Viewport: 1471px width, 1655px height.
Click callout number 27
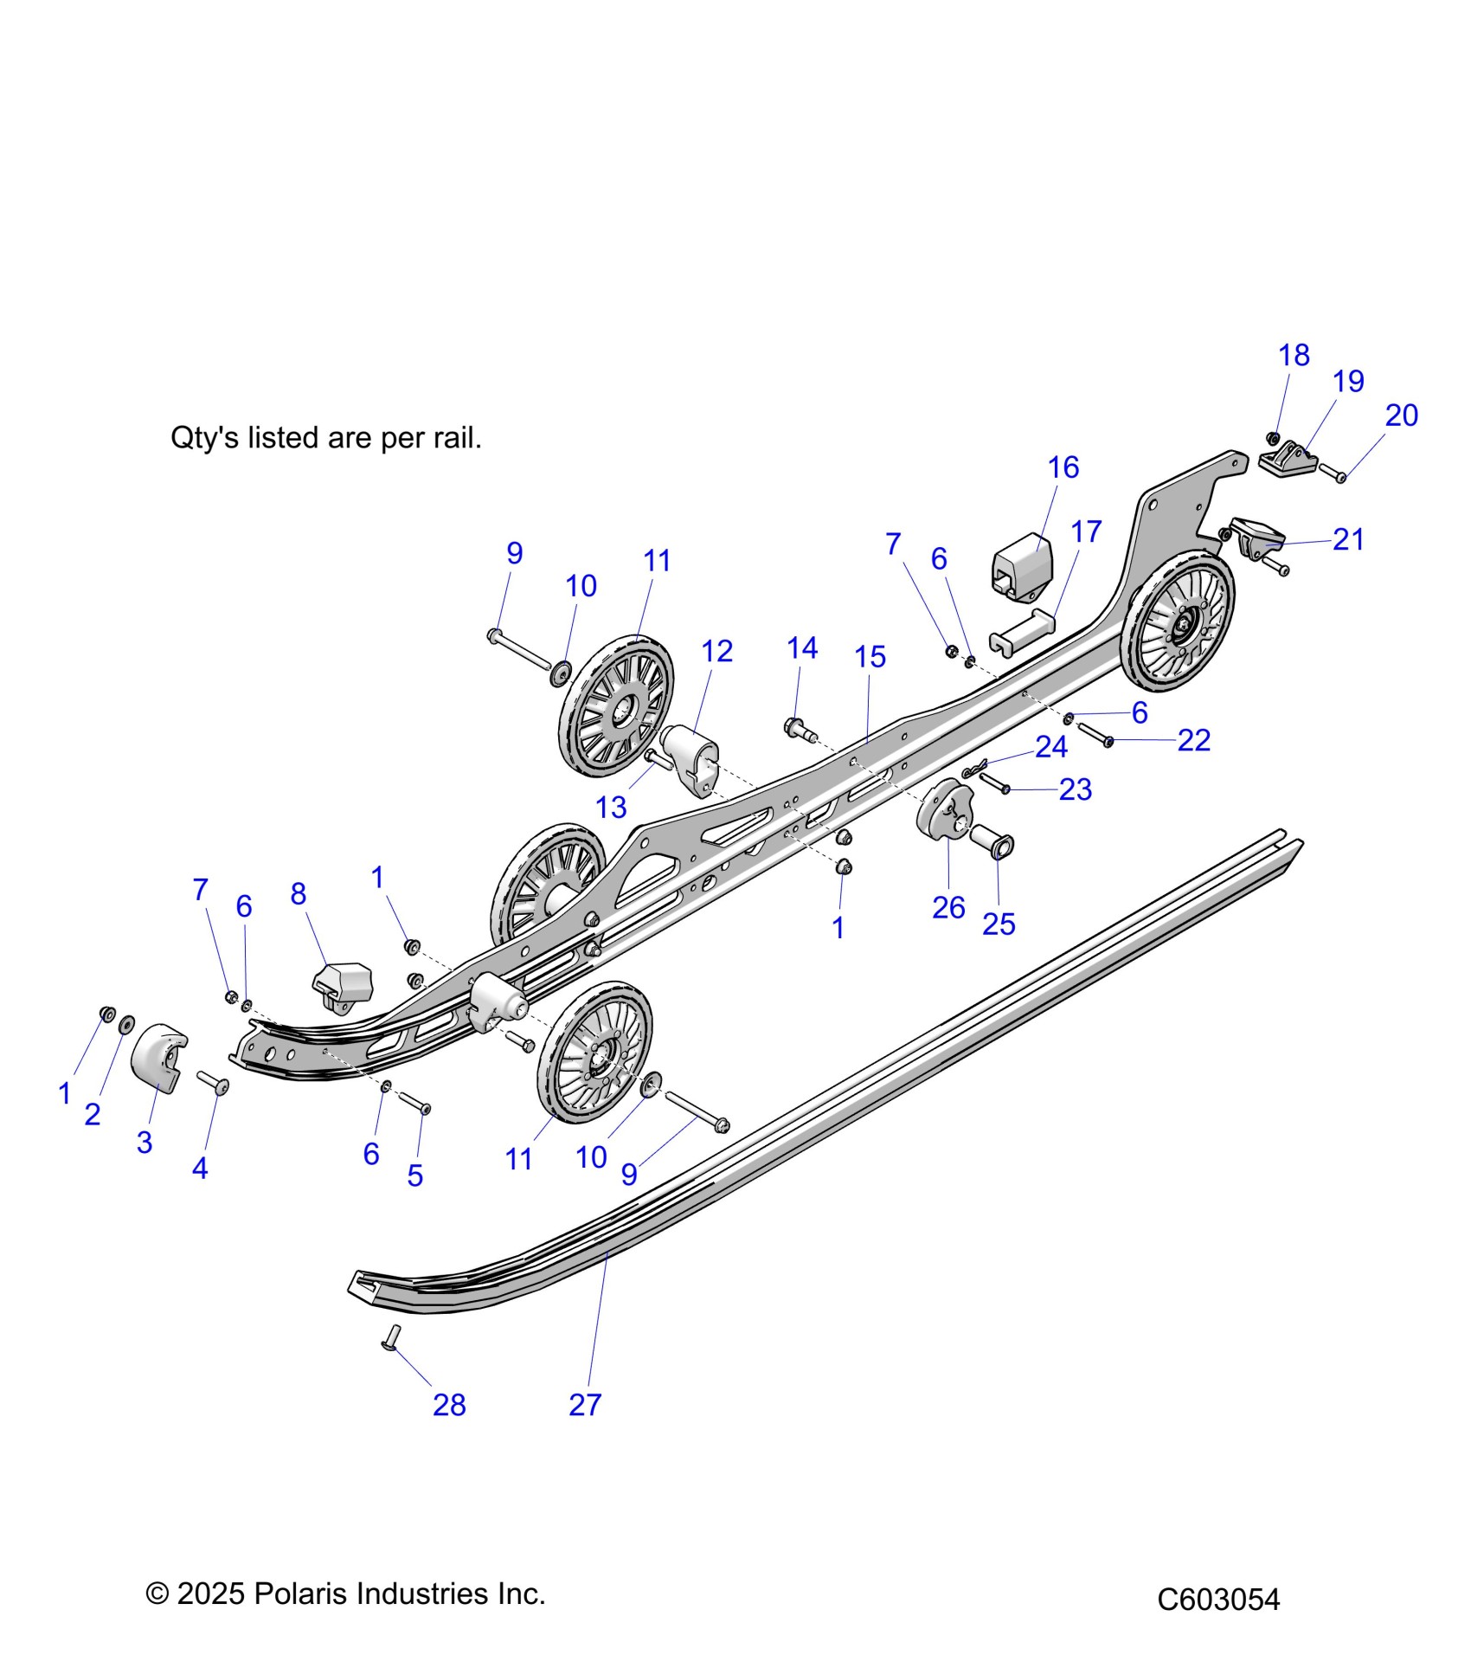pos(585,1404)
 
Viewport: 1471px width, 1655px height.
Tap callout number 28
pos(449,1404)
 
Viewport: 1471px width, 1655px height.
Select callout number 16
pos(1063,467)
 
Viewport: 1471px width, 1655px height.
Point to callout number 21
pos(1348,539)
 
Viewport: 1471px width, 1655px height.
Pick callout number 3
pos(145,1142)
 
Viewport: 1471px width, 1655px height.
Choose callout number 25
pos(998,924)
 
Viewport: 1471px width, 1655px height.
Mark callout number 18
pos(1294,355)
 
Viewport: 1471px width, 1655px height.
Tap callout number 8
pos(299,893)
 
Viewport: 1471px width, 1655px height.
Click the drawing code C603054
pos(1217,1599)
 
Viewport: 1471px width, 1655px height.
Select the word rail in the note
pos(453,438)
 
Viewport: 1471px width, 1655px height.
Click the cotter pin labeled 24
pos(974,769)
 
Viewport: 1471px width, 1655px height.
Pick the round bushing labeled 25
pos(994,840)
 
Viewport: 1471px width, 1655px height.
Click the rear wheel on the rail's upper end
pos(1179,621)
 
